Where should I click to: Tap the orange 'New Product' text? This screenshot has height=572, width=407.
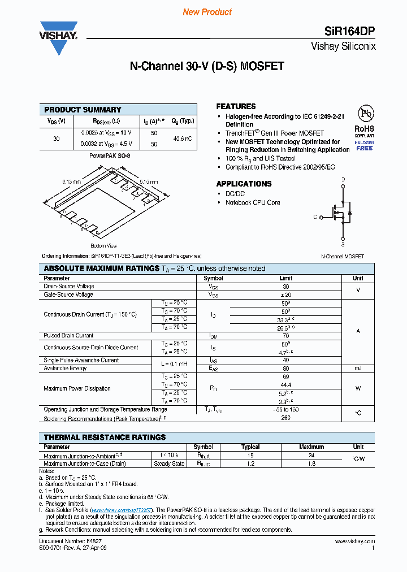207,12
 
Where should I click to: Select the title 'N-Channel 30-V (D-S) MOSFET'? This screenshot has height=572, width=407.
207,66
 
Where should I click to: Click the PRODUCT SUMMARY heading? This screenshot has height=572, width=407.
83,110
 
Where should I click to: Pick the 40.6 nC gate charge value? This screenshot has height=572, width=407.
181,138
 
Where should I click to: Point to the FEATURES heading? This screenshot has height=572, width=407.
236,106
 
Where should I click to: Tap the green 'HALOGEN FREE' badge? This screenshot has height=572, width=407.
364,145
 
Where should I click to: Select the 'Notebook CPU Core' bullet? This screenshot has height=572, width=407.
252,202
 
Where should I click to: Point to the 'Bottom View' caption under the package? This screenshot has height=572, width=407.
103,246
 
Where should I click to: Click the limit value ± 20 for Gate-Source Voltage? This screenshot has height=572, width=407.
285,294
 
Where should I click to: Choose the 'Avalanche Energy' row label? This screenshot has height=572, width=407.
65,368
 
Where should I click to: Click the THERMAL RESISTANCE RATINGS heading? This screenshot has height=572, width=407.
105,437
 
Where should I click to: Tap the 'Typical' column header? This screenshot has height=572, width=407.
250,447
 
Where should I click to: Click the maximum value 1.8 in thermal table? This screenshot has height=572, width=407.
311,463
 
